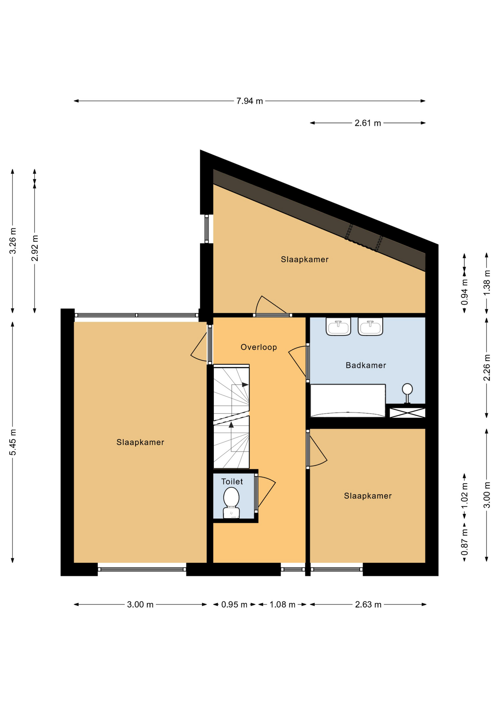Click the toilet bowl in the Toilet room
coord(231,502)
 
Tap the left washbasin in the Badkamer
coord(338,326)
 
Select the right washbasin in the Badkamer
coord(370,326)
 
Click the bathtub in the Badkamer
coord(348,401)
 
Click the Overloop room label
coord(259,347)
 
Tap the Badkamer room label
coord(366,365)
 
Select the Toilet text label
coord(232,481)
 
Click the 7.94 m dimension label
coord(250,101)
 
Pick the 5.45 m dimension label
coord(13,442)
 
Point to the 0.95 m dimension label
coord(234,604)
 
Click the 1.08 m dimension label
coord(283,604)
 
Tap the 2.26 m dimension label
coord(487,368)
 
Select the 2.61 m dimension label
coord(368,123)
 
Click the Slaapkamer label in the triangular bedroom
coord(305,259)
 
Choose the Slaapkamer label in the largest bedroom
coord(140,442)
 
